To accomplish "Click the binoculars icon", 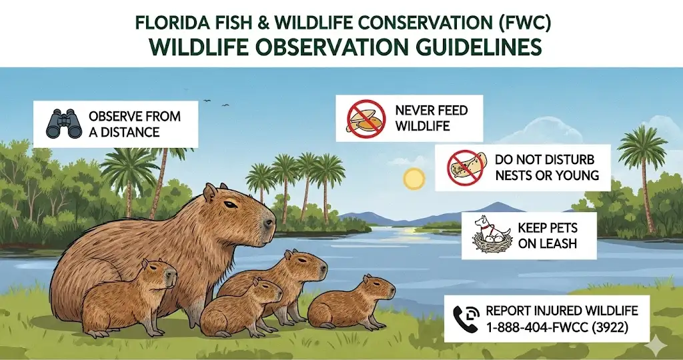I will tap(63, 123).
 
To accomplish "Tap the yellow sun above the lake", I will tap(414, 179).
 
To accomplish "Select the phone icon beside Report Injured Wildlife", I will tap(465, 318).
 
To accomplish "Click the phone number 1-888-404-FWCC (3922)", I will tap(557, 327).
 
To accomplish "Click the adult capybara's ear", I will tap(210, 194).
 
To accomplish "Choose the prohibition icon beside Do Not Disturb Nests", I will tap(466, 167).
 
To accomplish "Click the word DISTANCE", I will tap(134, 131).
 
